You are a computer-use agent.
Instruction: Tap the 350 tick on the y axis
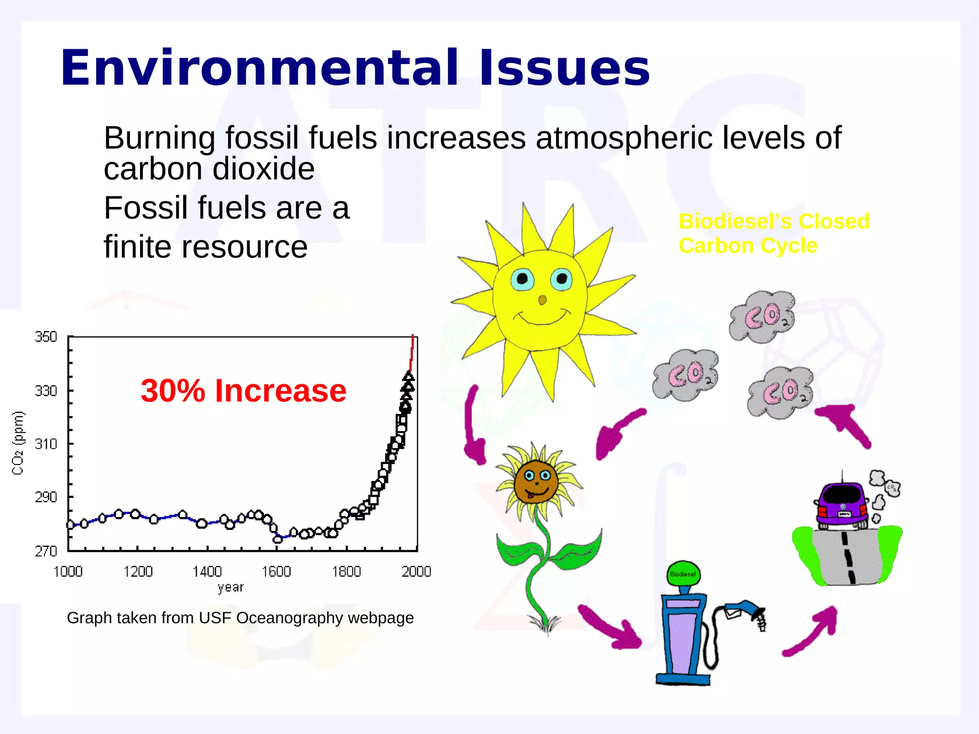coord(46,337)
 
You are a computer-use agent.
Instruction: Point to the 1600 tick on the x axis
coord(276,572)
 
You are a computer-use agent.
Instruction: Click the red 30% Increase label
coord(243,391)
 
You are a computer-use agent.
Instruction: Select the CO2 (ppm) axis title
coord(18,443)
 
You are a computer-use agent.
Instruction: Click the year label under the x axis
coord(230,587)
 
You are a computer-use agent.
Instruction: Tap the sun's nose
coord(542,300)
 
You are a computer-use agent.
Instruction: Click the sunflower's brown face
coord(536,481)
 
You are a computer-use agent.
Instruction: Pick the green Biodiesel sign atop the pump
coord(683,574)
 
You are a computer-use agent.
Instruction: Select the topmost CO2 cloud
coord(761,317)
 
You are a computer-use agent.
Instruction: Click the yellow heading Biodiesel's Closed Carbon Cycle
coord(773,234)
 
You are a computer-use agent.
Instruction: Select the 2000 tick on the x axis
coord(416,572)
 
